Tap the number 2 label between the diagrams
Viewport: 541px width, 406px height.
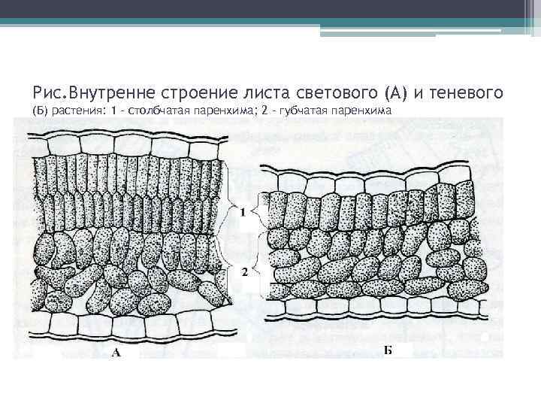[x=245, y=274]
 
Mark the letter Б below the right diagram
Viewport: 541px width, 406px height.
[x=388, y=350]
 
